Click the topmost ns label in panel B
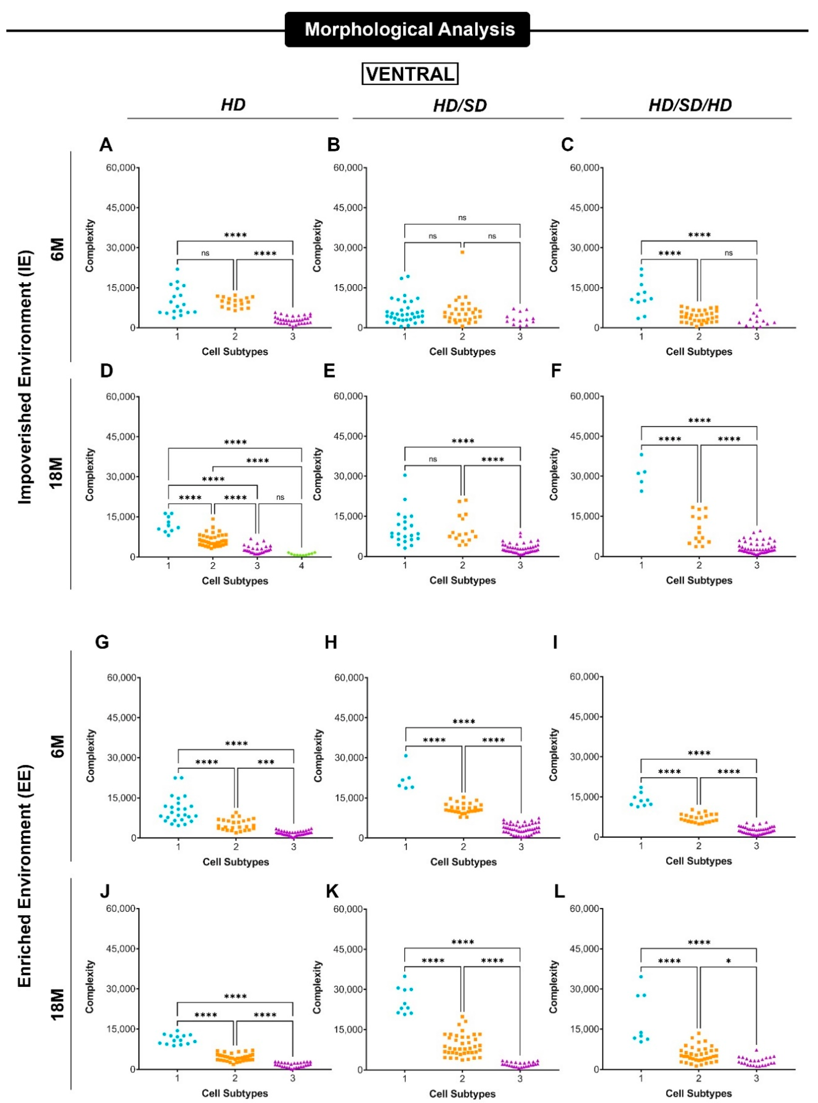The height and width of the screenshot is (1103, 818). click(x=462, y=217)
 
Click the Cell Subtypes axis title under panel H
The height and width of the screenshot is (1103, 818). click(x=463, y=862)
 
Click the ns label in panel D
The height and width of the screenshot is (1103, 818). click(x=280, y=497)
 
